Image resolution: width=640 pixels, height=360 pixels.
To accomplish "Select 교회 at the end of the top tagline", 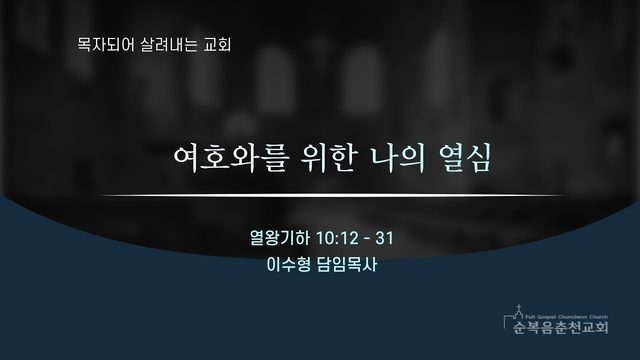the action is pos(217,45).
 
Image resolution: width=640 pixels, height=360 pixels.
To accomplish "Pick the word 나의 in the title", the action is pos(397,158).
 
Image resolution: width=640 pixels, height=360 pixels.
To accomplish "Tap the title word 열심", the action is pos(464,158).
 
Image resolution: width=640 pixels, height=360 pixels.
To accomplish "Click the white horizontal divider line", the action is pos(333,196).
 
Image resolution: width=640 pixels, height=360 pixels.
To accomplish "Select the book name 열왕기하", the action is pos(280,238).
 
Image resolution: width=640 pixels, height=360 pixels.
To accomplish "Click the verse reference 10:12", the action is pos(337,238).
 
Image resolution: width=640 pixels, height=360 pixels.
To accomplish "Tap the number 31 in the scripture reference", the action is pos(384,238).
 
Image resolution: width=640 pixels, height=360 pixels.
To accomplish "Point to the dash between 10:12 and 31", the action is pos(367,239).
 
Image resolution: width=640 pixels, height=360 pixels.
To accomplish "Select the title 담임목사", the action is pos(347,265).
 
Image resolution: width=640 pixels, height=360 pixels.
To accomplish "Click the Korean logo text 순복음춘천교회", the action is pos(561,327).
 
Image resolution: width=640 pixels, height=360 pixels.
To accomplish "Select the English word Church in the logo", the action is pos(599,317).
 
